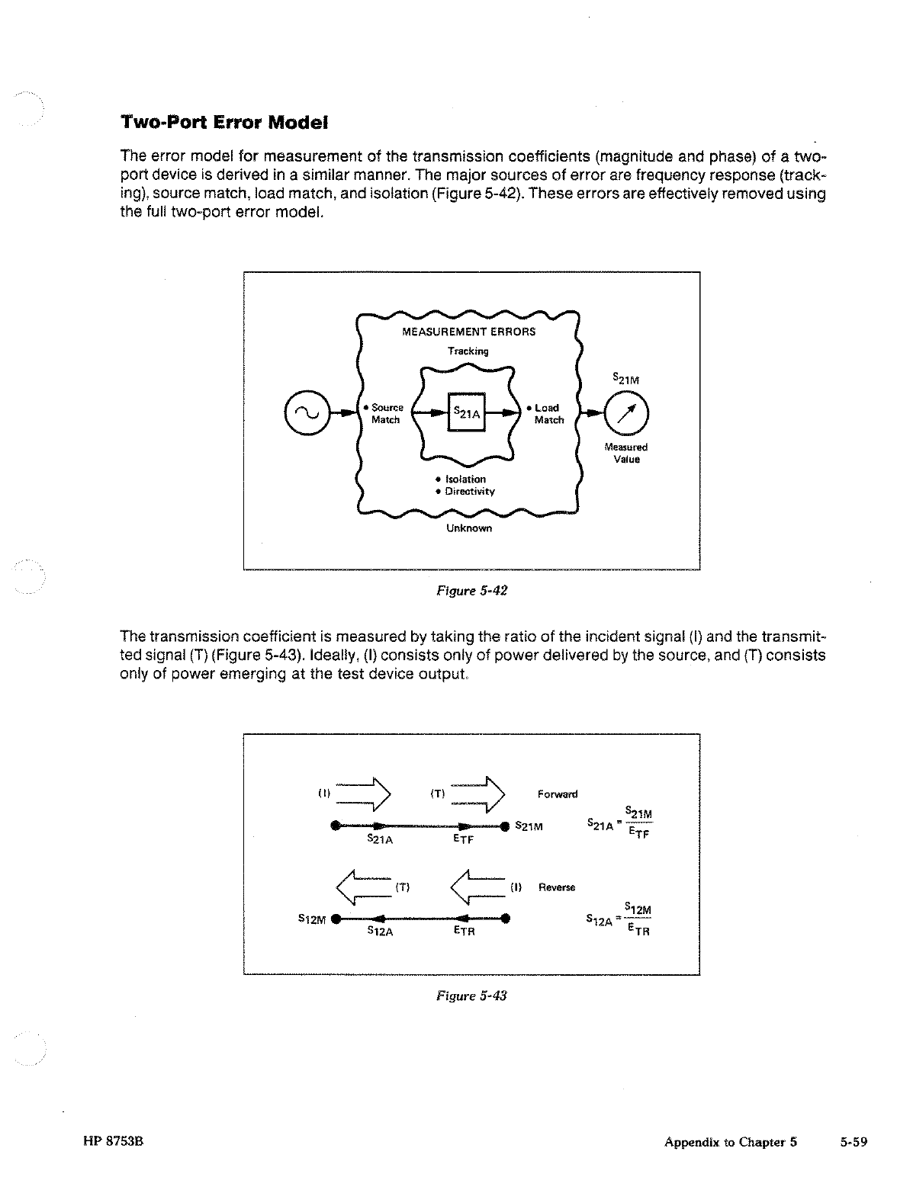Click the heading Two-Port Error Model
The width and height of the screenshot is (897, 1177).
224,122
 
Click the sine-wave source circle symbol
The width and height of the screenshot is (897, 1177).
301,412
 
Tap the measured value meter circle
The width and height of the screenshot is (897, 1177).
625,412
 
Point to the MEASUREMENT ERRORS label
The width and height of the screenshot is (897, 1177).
468,332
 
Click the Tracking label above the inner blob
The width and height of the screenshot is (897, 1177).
468,351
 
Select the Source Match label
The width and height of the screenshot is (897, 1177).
386,414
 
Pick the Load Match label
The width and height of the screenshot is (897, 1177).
548,414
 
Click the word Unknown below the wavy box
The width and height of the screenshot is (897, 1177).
468,528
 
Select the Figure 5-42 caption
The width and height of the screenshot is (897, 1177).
471,591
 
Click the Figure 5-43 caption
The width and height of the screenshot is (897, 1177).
471,996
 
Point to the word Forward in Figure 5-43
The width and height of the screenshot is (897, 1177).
558,794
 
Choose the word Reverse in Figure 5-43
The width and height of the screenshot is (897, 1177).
557,887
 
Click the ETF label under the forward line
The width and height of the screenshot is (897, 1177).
463,839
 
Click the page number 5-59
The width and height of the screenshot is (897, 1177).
854,1142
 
